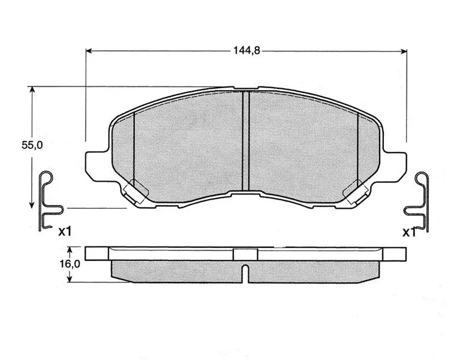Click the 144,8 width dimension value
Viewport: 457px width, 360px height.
point(246,51)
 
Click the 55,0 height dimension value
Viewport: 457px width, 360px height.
point(32,145)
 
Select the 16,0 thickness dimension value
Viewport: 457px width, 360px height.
point(70,264)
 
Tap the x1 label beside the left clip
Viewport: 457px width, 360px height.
point(65,232)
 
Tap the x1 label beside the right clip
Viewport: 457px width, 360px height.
point(409,232)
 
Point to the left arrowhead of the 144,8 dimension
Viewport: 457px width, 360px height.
point(89,51)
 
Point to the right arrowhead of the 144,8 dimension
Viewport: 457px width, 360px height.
point(404,52)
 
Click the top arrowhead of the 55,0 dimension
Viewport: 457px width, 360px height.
point(32,89)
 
